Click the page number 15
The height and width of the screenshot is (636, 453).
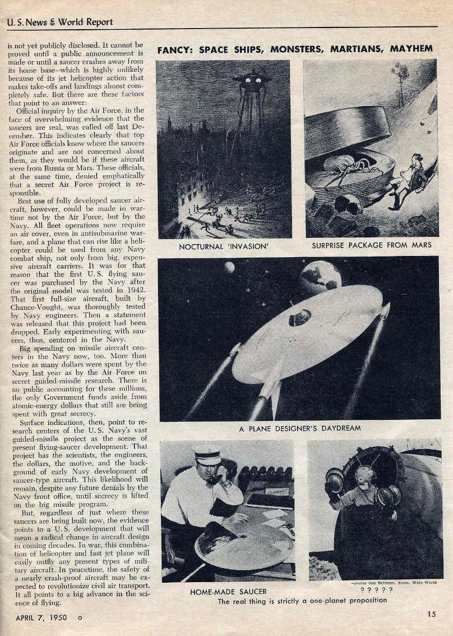[x=431, y=614]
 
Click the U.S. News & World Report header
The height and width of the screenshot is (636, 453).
[x=60, y=22]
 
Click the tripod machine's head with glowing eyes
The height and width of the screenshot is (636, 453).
[x=252, y=80]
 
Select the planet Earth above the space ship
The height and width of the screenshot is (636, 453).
[x=320, y=277]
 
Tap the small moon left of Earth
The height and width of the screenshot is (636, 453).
[x=229, y=267]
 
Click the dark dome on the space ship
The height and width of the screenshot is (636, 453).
[x=300, y=318]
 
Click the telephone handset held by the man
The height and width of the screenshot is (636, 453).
[x=214, y=478]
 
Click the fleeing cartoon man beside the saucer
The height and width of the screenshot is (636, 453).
[x=413, y=180]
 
